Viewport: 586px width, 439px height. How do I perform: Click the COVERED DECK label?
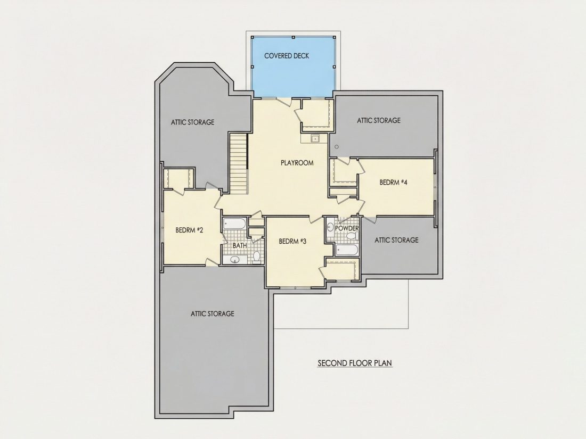(287, 56)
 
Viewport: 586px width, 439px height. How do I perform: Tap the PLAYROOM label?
(297, 163)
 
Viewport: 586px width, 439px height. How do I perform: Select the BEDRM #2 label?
(190, 230)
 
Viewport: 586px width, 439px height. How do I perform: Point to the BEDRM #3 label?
(292, 241)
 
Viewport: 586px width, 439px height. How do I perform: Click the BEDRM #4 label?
(394, 182)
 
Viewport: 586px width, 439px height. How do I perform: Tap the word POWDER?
(347, 228)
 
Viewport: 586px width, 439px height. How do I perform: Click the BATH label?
(240, 246)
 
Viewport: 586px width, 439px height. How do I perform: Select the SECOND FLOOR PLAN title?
(355, 363)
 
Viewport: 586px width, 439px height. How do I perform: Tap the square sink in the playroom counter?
(315, 139)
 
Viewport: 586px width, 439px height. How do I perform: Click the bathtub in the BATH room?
(234, 224)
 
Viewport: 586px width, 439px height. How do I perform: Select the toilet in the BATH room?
(256, 256)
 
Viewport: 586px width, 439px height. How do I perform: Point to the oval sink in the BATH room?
(235, 260)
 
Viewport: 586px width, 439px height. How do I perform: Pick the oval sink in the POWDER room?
(330, 227)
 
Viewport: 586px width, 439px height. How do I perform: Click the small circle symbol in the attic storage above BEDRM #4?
(337, 147)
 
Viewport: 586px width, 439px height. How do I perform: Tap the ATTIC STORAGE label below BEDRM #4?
(396, 240)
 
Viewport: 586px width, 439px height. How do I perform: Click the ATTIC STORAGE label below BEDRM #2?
(212, 313)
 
